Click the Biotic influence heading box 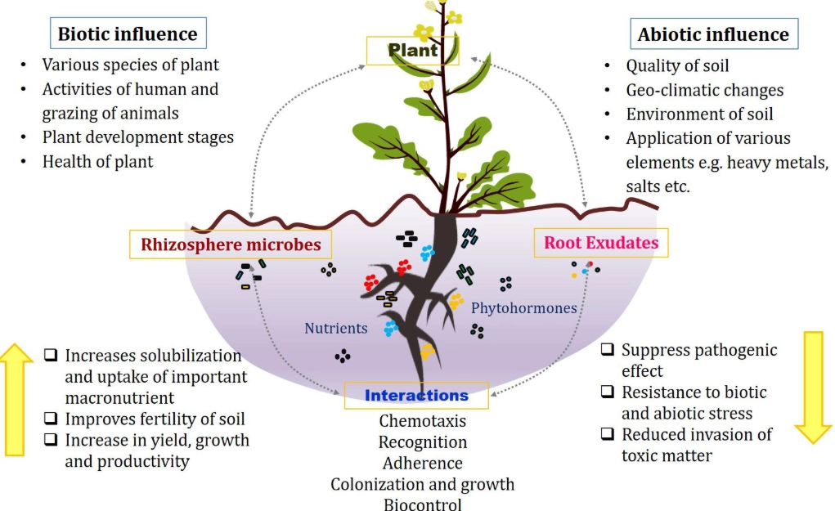[x=128, y=34]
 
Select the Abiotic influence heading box [x=713, y=34]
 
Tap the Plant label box [x=413, y=51]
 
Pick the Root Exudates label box [x=601, y=243]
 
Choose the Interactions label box [x=416, y=396]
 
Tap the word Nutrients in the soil [x=336, y=329]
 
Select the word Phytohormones [x=524, y=308]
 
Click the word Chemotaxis [x=423, y=421]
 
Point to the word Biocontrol [x=423, y=504]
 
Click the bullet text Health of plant [x=97, y=161]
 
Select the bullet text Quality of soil [x=677, y=66]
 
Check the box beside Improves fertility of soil [x=51, y=419]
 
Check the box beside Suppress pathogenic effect [x=608, y=350]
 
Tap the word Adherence [x=423, y=463]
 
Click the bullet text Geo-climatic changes [x=704, y=90]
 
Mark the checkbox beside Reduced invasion [x=608, y=434]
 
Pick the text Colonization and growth [x=423, y=483]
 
